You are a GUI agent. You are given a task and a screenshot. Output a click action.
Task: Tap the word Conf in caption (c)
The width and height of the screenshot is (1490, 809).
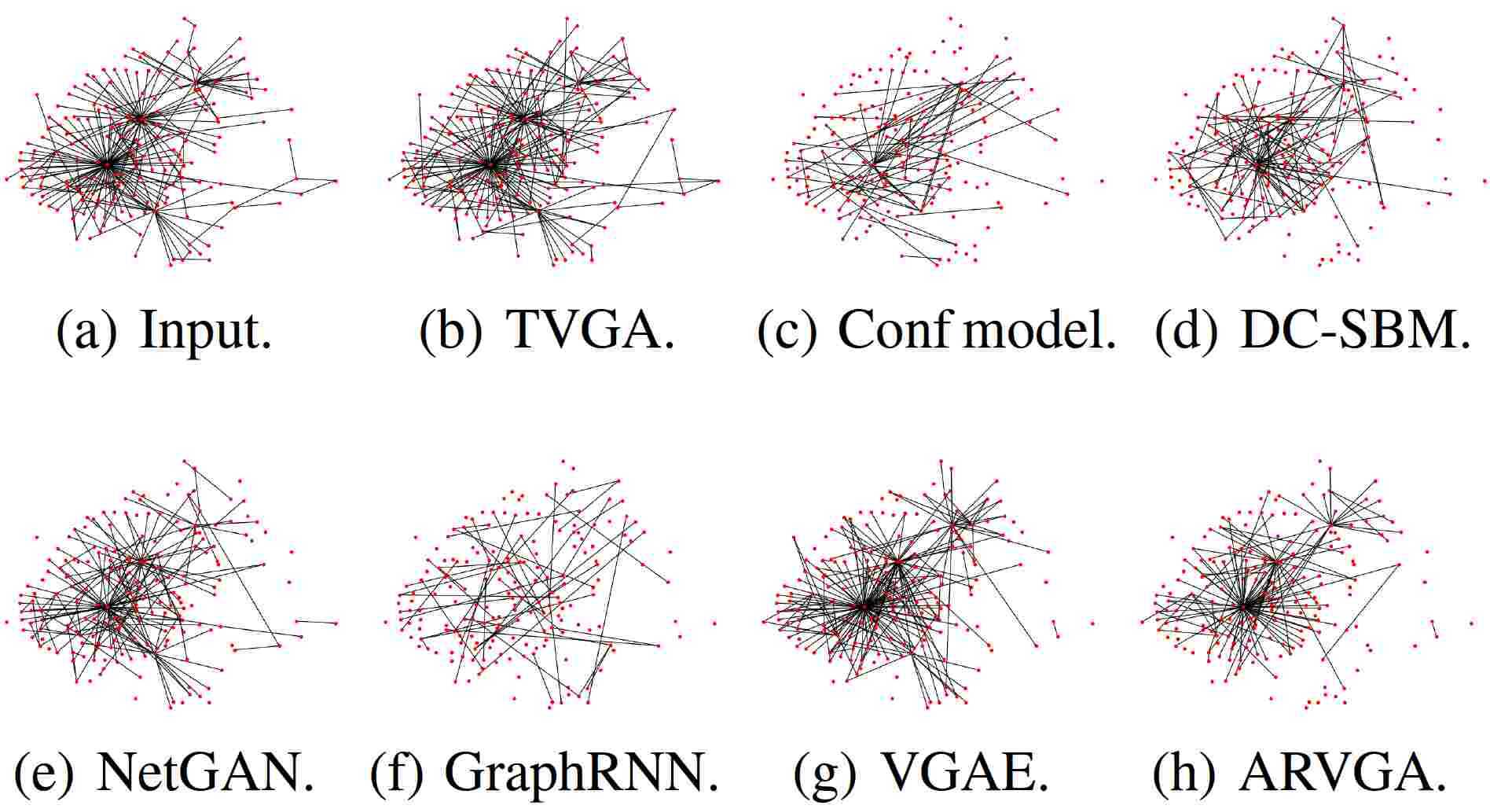[895, 330]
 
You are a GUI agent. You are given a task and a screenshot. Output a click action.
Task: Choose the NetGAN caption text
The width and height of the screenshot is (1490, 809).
[205, 773]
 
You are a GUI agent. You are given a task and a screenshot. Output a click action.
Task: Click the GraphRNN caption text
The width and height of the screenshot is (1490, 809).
[582, 773]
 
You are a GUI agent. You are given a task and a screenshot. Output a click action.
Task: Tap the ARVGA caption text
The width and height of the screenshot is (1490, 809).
[1342, 773]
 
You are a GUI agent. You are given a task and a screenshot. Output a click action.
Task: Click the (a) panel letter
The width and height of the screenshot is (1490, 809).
[86, 332]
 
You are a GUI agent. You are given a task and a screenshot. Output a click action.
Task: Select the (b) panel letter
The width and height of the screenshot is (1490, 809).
[450, 332]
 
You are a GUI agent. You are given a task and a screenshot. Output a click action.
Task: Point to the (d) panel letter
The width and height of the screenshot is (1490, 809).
[1186, 332]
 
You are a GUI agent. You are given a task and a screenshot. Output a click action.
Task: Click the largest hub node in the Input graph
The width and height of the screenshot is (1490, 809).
[108, 164]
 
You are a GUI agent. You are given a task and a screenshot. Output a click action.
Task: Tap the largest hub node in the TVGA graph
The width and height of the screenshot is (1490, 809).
[490, 164]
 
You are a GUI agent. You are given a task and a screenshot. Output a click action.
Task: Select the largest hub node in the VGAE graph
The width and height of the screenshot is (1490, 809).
[865, 606]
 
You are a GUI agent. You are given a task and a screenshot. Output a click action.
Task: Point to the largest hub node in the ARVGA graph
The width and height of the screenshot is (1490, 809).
[1245, 606]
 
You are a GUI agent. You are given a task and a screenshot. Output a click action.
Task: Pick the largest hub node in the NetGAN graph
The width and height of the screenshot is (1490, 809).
[107, 606]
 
